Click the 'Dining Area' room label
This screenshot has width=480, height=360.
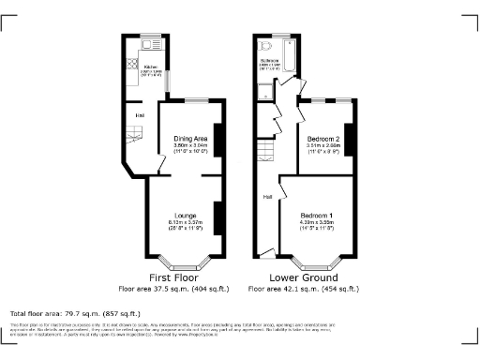point(190,139)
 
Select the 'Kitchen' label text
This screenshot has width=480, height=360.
point(148,67)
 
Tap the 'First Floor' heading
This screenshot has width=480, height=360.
point(172,277)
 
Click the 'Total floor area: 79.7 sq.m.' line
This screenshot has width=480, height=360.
point(74,313)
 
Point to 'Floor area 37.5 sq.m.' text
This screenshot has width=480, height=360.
point(172,289)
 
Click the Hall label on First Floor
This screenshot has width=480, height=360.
point(139,115)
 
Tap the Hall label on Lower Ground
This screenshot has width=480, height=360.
point(267,197)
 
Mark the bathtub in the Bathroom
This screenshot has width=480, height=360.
point(287,65)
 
